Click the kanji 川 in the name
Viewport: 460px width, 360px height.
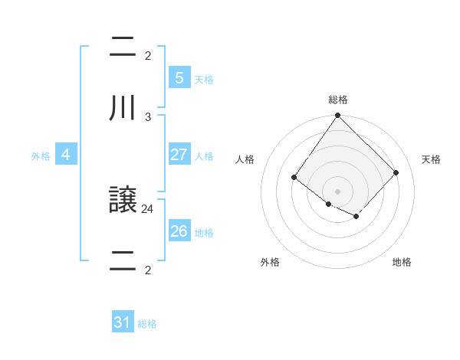123,107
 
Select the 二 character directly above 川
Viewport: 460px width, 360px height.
123,47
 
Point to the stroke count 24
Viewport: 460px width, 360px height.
148,208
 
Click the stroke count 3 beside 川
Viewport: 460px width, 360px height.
148,116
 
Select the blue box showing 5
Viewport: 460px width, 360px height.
179,77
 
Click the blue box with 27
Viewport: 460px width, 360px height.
179,155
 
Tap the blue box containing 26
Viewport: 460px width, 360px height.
179,231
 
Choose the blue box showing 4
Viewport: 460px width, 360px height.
66,155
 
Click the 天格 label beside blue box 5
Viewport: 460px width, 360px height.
204,79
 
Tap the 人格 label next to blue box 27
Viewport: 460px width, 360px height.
204,156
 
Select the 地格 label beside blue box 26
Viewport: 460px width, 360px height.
204,233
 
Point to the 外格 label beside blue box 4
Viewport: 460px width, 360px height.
41,156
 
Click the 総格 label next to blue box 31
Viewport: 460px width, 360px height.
147,324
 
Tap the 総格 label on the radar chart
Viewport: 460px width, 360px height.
338,100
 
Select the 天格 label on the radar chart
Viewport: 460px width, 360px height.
431,159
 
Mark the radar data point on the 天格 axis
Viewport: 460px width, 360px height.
396,172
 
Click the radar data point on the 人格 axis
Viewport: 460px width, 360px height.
294,178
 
